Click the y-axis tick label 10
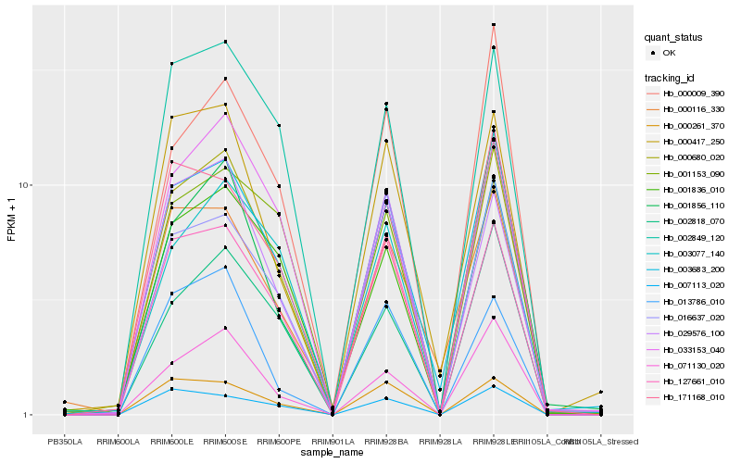tap(23, 185)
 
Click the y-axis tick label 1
tap(26, 415)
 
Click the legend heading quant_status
tap(673, 38)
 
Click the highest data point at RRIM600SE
tap(226, 42)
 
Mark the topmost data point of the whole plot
tap(494, 25)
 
